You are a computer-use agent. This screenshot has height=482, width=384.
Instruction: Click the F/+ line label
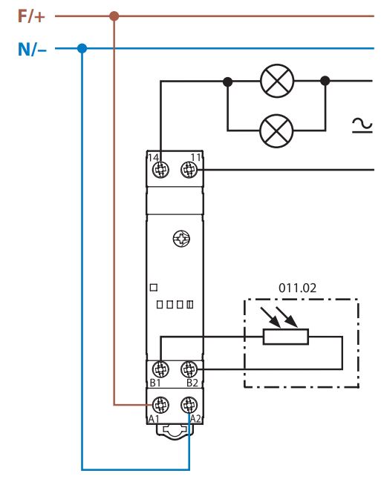[31, 16]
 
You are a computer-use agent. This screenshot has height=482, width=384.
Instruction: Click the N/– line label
[33, 49]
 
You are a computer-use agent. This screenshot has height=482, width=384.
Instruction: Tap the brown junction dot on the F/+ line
[114, 16]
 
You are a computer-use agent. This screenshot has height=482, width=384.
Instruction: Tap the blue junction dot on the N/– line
[82, 48]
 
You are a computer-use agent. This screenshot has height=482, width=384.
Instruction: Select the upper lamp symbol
[277, 81]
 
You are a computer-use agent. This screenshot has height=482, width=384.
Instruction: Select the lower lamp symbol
[276, 131]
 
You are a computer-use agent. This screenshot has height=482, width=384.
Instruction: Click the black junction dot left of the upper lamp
[227, 82]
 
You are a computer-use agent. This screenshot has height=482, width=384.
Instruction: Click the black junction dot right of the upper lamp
[325, 81]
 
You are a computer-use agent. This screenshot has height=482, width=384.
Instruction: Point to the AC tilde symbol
[362, 125]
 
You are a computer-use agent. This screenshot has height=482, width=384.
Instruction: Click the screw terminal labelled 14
[160, 170]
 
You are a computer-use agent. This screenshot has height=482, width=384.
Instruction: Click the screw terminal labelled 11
[189, 170]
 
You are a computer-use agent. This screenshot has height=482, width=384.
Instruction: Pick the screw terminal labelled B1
[160, 369]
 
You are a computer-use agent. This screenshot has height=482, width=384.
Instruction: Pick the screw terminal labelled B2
[189, 369]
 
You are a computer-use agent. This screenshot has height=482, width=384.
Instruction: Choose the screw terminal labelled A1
[160, 405]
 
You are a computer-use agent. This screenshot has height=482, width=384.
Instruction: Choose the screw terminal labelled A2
[189, 405]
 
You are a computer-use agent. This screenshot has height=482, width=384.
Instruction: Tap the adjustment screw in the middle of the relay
[181, 239]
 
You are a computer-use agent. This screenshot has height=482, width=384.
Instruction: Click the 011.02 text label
[297, 288]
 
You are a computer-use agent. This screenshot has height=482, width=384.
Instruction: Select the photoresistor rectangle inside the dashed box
[286, 337]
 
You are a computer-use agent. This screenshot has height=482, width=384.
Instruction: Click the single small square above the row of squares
[153, 288]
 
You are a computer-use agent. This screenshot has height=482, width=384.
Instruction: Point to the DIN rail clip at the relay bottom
[175, 431]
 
